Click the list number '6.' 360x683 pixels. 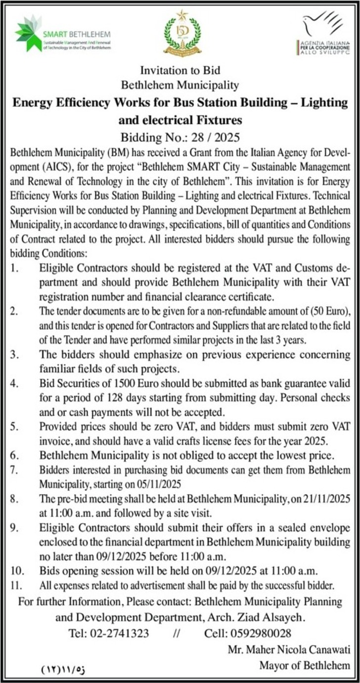pos(15,454)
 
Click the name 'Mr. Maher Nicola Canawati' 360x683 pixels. pos(289,649)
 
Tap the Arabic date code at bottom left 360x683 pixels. pos(63,671)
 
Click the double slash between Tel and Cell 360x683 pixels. pos(177,634)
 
